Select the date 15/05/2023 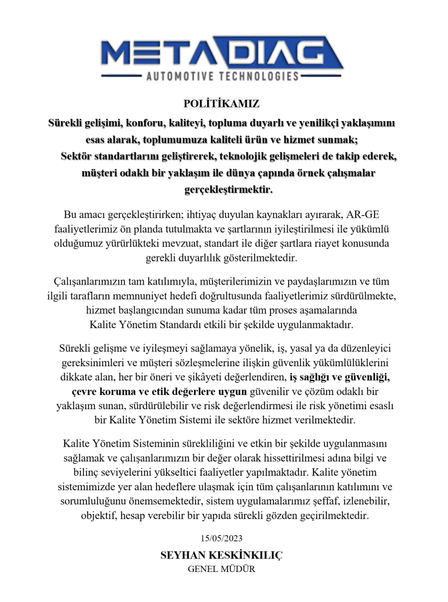[221, 538]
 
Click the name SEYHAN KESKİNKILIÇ [221, 555]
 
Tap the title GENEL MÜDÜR [221, 569]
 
